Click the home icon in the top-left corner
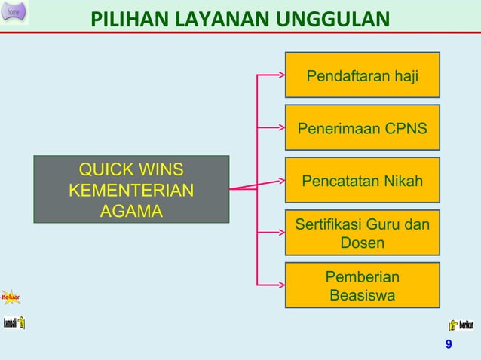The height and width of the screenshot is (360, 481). pyautogui.click(x=14, y=12)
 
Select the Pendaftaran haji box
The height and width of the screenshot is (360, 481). pyautogui.click(x=362, y=75)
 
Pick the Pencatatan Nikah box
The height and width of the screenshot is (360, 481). pyautogui.click(x=362, y=181)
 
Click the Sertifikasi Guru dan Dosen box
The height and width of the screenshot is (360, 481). pyautogui.click(x=362, y=233)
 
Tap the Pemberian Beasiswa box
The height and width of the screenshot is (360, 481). pyautogui.click(x=362, y=285)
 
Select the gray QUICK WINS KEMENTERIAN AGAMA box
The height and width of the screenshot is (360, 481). pyautogui.click(x=131, y=190)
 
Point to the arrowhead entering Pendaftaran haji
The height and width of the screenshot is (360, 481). pyautogui.click(x=280, y=75)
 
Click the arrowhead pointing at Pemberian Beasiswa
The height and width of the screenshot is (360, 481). pyautogui.click(x=280, y=285)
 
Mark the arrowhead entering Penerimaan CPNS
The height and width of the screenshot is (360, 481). pyautogui.click(x=280, y=128)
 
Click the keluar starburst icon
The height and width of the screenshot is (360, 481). pyautogui.click(x=10, y=296)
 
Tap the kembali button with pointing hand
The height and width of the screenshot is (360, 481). pyautogui.click(x=14, y=323)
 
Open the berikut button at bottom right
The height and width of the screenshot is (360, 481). pyautogui.click(x=461, y=325)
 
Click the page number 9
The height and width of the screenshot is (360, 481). pyautogui.click(x=449, y=344)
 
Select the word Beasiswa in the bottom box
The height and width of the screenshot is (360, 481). pyautogui.click(x=362, y=295)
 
